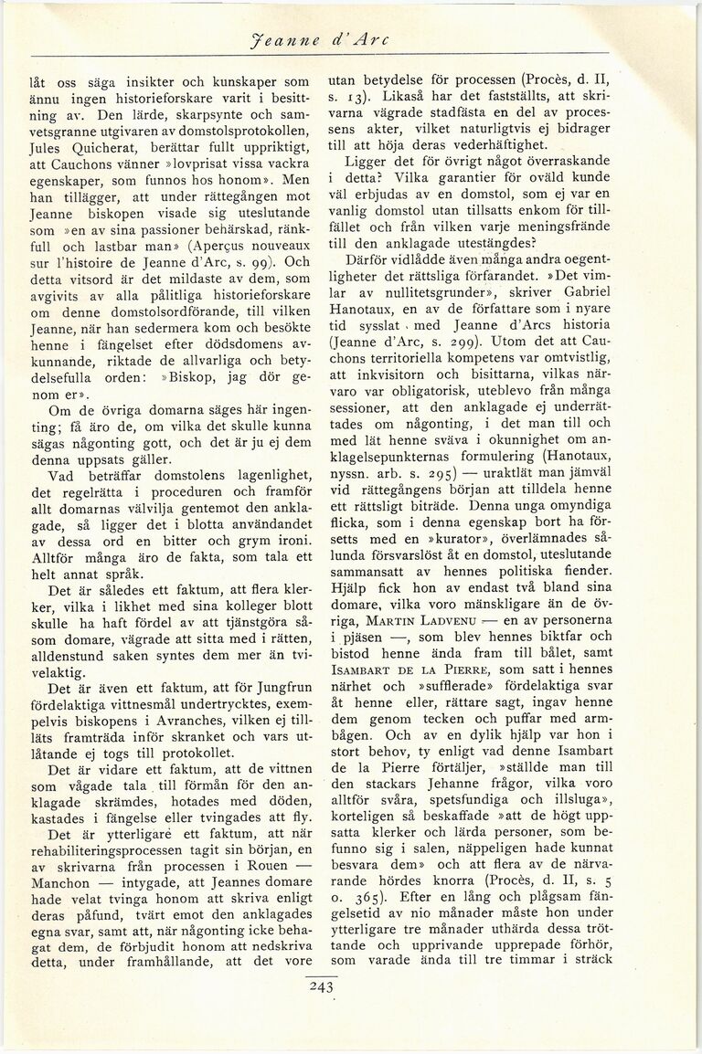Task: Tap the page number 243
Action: (x=324, y=985)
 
